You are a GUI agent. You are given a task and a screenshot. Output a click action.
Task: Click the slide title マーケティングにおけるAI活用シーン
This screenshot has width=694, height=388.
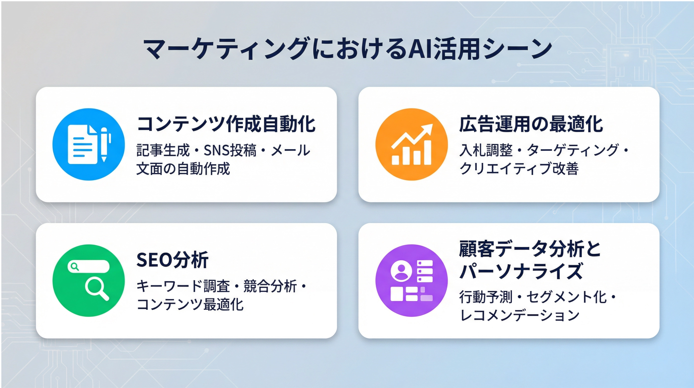pos(347,49)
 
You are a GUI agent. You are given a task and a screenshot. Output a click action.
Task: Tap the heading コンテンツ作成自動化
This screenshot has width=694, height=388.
pos(226,124)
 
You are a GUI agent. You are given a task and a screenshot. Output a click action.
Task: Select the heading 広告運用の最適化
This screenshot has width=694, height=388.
pos(531,124)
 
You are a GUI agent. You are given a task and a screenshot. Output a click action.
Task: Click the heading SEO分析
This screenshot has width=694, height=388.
pos(172,260)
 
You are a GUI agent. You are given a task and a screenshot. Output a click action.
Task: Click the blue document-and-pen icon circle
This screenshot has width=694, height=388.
pos(89,144)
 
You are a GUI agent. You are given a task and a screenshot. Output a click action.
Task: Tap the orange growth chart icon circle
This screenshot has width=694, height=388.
pos(411,144)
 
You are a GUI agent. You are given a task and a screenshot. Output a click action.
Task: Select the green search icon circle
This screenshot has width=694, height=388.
pos(89,280)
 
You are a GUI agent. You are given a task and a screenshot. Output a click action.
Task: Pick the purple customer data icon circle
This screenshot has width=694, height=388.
pos(411,280)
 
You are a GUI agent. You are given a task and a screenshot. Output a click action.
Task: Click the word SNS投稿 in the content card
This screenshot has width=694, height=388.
pos(230,150)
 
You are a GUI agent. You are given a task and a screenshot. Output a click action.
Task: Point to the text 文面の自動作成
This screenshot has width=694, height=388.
pos(183,169)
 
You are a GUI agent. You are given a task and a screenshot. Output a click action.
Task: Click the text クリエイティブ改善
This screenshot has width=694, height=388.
pos(519,169)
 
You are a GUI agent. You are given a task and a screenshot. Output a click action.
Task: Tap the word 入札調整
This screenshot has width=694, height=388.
pos(486,150)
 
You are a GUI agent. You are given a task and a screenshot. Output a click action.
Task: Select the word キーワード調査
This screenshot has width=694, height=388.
pos(183,286)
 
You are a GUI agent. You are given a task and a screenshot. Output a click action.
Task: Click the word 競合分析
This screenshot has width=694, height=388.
pos(270,286)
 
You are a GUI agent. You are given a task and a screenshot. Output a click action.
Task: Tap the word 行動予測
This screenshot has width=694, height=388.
pos(486,297)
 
